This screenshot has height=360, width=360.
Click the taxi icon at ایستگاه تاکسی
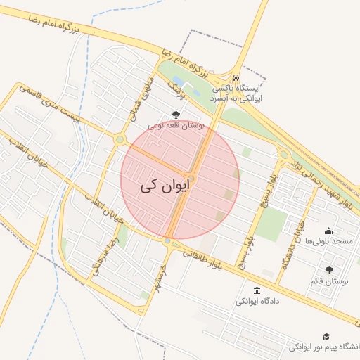[236, 78]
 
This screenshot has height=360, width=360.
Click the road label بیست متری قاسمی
[49, 105]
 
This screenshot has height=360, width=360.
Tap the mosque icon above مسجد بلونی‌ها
[328, 231]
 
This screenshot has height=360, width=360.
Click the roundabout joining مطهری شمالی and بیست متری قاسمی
[120, 140]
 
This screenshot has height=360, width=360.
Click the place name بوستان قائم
[330, 281]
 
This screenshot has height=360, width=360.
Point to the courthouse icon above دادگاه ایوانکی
[255, 290]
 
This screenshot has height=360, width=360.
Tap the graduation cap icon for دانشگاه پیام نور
[326, 337]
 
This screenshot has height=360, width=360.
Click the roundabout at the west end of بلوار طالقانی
[167, 241]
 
